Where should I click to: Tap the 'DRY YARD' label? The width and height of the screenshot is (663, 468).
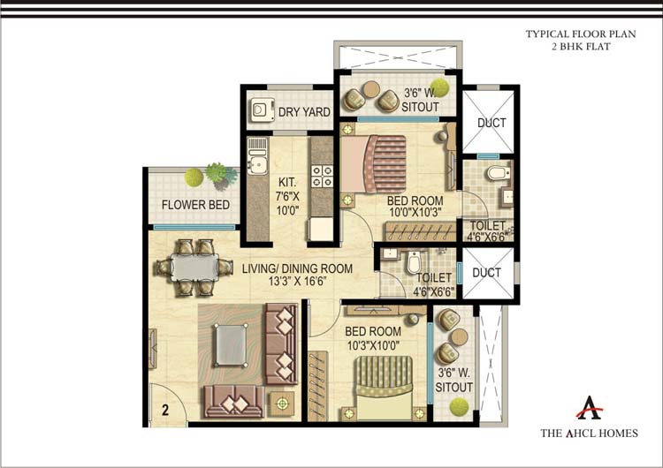[304, 112]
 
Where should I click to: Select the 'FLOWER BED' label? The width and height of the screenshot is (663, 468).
[195, 205]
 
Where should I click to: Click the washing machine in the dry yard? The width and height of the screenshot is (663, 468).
[260, 110]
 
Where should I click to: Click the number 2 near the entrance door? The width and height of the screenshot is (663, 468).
[164, 409]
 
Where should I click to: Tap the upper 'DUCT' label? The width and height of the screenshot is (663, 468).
[492, 123]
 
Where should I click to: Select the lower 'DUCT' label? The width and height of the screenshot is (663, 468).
[487, 273]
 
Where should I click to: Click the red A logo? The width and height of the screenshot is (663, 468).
[590, 409]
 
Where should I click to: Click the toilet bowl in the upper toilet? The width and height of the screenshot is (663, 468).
[494, 170]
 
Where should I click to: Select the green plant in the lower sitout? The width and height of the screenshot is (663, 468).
[457, 405]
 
